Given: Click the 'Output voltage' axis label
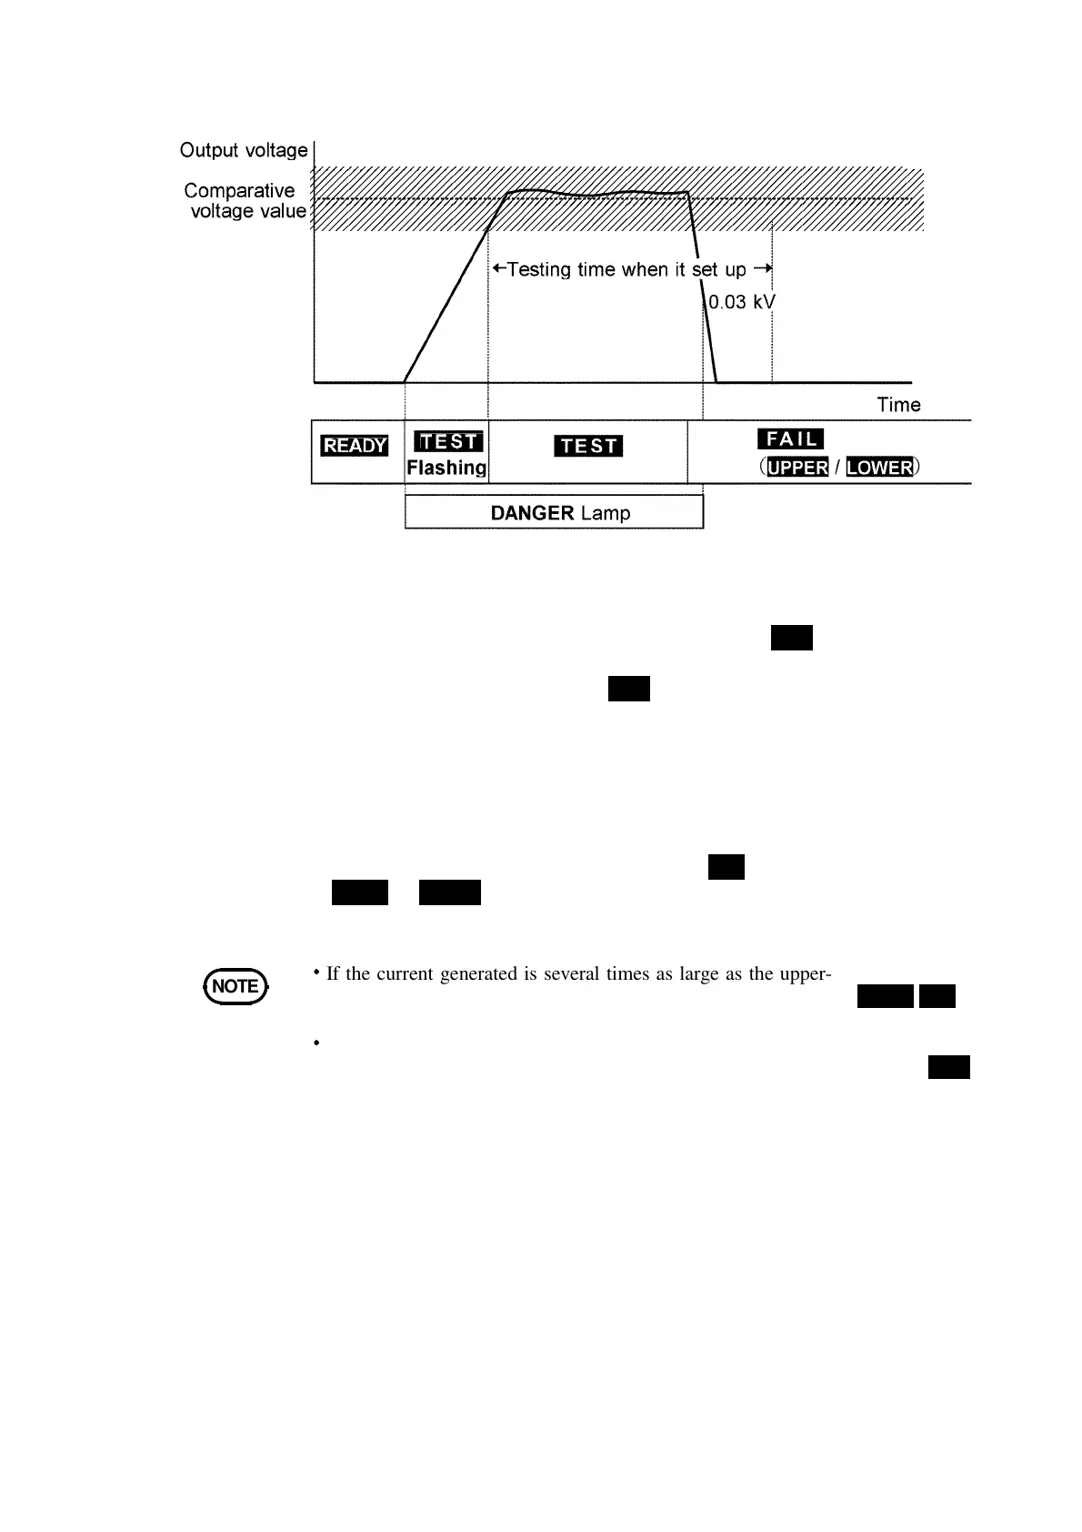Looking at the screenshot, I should [244, 150].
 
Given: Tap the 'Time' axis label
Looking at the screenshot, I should [898, 405].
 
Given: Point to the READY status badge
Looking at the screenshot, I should [355, 446].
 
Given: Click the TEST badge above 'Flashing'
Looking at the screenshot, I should [448, 441].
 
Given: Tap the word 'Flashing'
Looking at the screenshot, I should [446, 468].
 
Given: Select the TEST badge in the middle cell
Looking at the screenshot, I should [588, 446].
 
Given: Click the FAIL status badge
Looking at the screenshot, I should [791, 439].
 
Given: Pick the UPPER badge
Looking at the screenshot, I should [797, 468].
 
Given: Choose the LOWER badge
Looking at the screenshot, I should [879, 468].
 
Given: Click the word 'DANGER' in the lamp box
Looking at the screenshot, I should [532, 513].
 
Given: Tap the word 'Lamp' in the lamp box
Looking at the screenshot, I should [606, 513].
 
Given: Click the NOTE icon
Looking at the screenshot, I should [235, 986].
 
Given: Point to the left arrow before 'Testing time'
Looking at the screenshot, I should [498, 269].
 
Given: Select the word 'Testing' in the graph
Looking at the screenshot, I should [539, 270].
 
